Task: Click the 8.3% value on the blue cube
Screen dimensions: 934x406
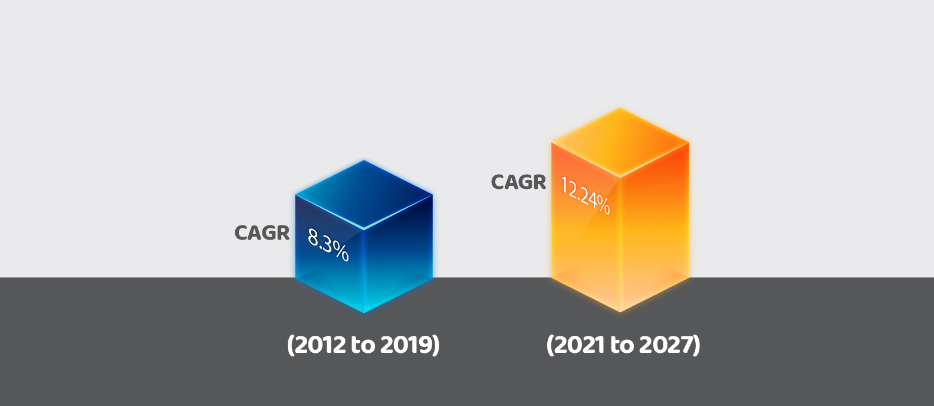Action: point(328,245)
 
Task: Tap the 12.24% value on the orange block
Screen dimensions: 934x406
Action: point(586,196)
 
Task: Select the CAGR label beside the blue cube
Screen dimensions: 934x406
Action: point(262,233)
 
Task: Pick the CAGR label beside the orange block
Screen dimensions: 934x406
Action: point(518,182)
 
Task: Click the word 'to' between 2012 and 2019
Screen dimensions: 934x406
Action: point(363,345)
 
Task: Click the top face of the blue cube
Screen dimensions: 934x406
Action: point(364,195)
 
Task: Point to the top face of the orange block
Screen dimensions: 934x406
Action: point(620,142)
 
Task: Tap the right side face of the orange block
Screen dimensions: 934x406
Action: point(655,227)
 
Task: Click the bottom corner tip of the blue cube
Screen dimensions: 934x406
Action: point(364,313)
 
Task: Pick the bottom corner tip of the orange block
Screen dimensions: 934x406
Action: point(620,312)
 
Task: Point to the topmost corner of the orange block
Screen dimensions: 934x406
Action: point(620,108)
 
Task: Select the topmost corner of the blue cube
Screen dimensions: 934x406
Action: point(364,161)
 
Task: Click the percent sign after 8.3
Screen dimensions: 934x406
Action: point(341,252)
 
